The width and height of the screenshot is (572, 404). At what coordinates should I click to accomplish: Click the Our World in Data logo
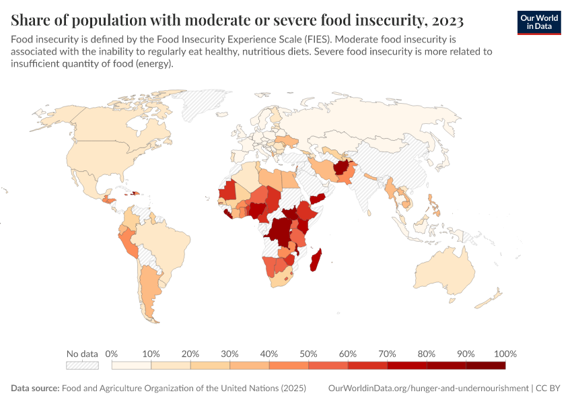[x=539, y=22]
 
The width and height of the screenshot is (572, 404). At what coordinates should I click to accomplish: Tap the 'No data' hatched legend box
[x=82, y=366]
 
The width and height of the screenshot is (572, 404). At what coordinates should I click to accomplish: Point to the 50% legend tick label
[x=308, y=354]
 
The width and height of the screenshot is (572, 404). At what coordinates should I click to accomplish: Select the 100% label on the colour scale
[x=505, y=354]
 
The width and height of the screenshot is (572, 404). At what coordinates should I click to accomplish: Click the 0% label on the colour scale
[x=112, y=354]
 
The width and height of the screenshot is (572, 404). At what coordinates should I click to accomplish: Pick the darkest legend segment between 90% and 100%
[x=485, y=366]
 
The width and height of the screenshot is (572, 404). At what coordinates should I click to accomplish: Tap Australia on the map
[x=448, y=269]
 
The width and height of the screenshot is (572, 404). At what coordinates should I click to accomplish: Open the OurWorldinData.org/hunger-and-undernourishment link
[x=429, y=389]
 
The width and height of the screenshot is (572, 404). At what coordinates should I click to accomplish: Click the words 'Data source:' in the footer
[x=35, y=389]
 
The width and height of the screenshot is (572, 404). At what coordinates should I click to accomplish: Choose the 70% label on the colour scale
[x=387, y=354]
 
